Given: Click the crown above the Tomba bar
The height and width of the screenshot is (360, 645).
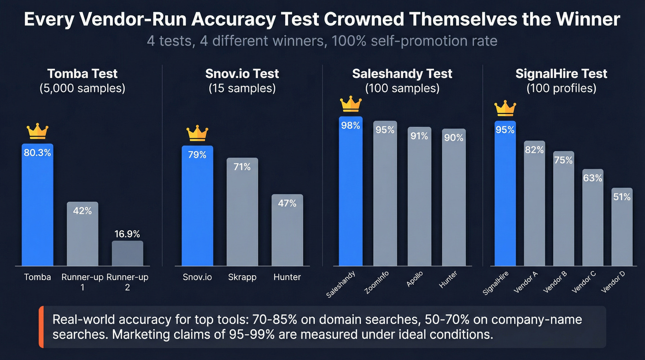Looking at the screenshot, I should tap(37, 131).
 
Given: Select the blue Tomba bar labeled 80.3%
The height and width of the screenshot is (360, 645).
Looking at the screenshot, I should tap(37, 205).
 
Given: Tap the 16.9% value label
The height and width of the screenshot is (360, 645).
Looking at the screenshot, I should tap(127, 234).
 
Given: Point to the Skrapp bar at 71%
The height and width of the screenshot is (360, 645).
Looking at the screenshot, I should tap(242, 212).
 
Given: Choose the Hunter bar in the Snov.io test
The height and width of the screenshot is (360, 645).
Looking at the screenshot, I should tap(287, 230).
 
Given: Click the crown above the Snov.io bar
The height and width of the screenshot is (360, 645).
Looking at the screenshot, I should tap(197, 134).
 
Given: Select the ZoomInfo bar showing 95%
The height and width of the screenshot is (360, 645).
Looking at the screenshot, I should tap(385, 194).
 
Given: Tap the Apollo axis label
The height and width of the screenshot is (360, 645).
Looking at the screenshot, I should tap(415, 280).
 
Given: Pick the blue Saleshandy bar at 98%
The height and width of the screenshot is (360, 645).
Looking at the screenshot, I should tap(351, 191).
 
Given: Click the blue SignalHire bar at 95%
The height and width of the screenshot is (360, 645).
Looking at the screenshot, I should tap(505, 194).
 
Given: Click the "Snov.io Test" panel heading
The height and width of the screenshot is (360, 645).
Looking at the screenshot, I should tap(242, 74).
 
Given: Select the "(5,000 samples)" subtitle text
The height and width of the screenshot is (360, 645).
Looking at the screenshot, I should tap(82, 89).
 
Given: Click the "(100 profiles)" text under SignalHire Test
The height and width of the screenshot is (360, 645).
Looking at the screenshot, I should tap(561, 89).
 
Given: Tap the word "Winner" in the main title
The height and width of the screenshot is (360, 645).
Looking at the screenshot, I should tap(586, 20).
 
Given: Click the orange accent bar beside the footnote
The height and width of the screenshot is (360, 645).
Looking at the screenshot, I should tap(41, 326).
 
